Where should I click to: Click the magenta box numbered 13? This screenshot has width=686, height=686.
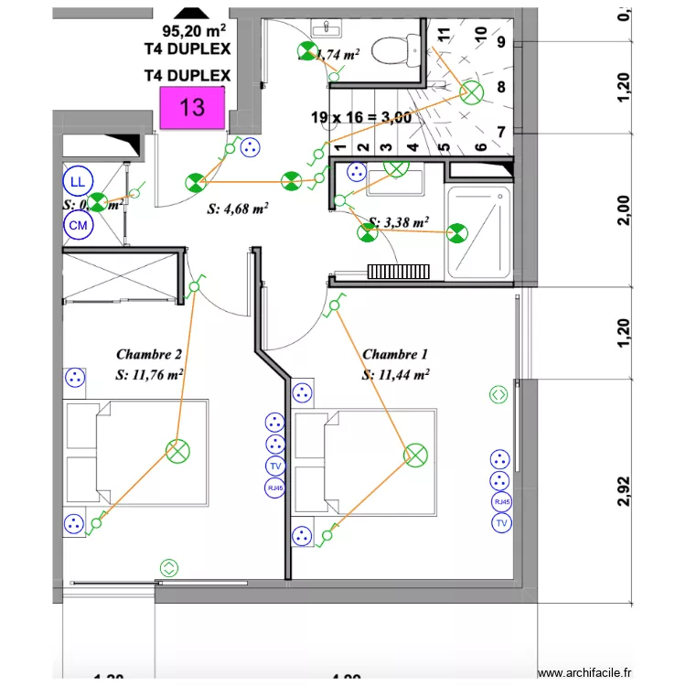192,108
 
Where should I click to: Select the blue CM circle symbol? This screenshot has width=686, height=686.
78,225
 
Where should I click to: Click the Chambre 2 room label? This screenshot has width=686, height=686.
149,354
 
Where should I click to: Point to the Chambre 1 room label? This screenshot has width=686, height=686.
395,354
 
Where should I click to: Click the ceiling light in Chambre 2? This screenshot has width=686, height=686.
177,450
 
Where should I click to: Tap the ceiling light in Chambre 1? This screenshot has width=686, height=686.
415,455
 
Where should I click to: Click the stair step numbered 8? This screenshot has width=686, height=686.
500,88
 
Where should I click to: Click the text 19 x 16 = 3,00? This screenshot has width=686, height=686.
360,117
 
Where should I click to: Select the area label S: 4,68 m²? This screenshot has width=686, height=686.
237,209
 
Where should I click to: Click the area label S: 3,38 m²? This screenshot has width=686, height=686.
398,221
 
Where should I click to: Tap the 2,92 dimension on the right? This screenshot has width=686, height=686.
624,490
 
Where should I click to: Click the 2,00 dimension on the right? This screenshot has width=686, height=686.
624,209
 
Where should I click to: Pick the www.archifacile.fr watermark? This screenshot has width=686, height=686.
584,673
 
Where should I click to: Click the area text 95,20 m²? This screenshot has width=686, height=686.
193,29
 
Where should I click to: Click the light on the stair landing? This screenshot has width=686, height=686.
472,92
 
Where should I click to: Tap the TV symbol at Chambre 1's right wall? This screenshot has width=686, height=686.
500,523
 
